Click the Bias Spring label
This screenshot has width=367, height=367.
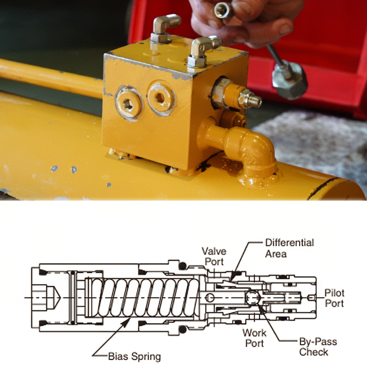[135, 356]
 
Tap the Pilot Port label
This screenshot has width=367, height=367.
[334, 298]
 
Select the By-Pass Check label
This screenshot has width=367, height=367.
[318, 347]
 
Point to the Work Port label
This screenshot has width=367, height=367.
[254, 338]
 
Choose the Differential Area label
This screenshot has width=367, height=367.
[289, 248]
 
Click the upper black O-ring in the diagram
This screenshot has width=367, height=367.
[182, 266]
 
